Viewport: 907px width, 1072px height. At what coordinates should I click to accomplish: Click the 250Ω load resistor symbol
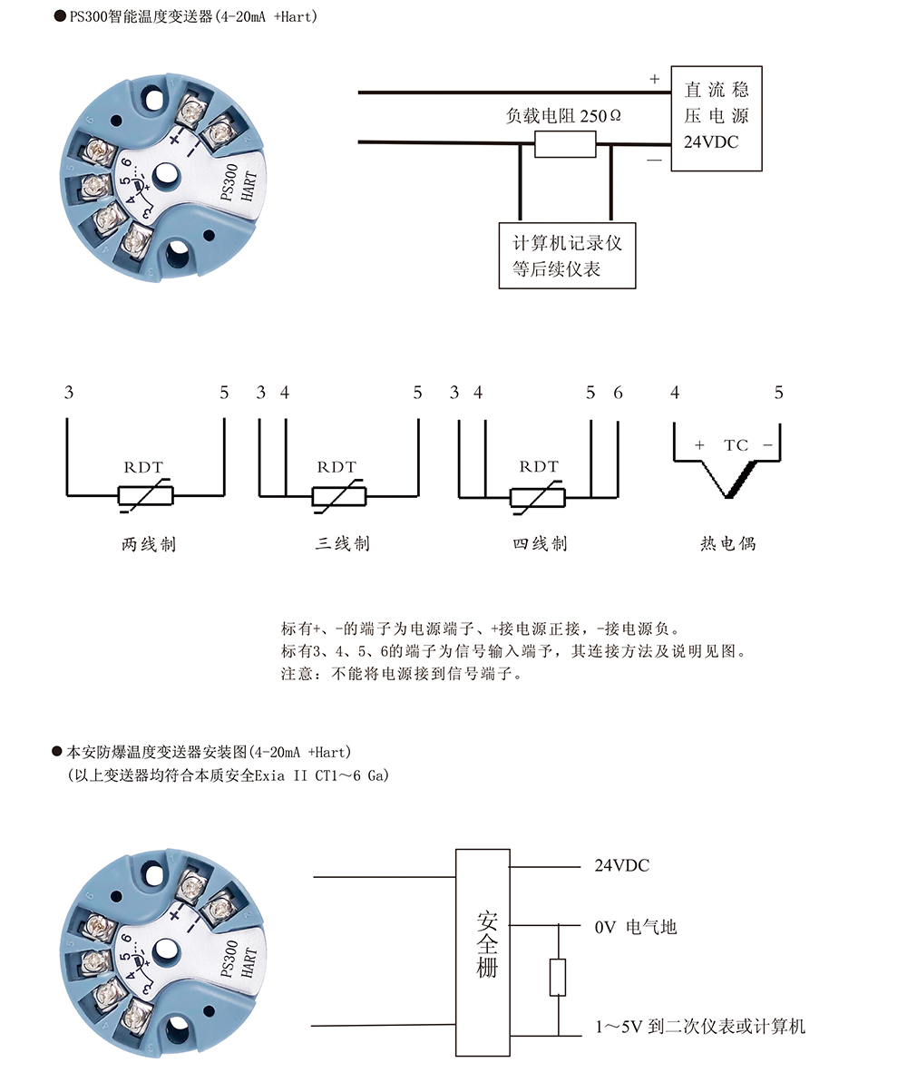[564, 144]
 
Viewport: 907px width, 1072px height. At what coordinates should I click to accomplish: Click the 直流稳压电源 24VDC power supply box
[716, 118]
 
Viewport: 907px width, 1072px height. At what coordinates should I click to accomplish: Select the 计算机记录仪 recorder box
[567, 256]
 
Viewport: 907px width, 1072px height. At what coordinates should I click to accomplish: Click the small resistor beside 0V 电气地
[558, 977]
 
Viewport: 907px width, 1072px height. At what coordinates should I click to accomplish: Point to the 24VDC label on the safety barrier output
[621, 866]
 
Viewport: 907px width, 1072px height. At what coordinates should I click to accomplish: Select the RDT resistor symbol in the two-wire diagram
[145, 496]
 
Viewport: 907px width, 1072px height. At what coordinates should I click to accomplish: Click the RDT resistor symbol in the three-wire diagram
[338, 496]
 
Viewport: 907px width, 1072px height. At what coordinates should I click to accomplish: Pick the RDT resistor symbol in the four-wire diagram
[537, 496]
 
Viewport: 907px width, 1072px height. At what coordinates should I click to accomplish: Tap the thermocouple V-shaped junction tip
[729, 496]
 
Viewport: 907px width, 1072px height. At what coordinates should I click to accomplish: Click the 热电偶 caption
[727, 544]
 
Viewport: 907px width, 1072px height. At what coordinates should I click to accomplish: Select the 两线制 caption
[149, 545]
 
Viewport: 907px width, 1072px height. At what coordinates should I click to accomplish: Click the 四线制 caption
[540, 544]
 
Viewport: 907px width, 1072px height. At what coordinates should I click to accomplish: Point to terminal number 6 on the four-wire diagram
[618, 394]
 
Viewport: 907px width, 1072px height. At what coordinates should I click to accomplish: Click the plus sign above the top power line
[654, 80]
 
